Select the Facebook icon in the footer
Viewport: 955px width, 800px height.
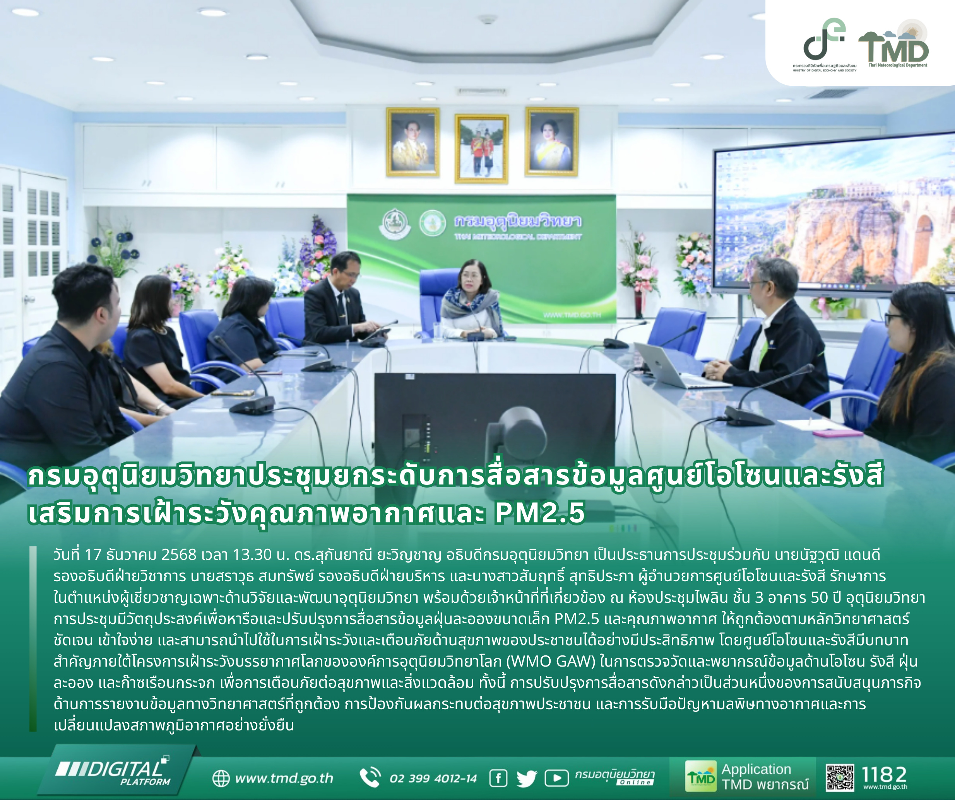(498, 779)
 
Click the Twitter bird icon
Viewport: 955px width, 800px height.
(527, 779)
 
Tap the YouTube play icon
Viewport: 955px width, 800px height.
(556, 779)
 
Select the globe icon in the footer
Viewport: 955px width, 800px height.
(221, 779)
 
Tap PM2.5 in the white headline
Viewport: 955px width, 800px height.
(540, 513)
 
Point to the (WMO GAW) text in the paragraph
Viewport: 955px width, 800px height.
(550, 661)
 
